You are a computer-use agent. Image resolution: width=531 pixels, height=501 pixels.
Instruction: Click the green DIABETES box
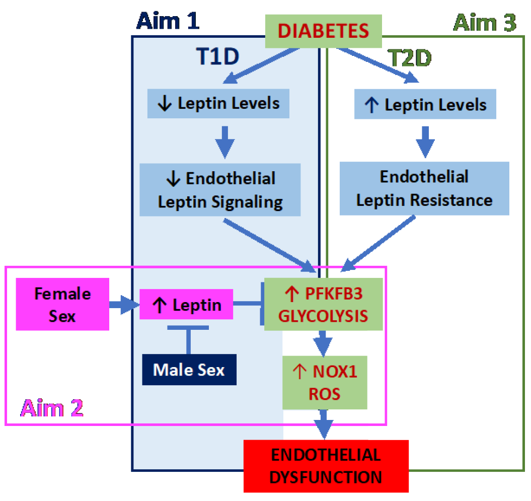click(x=324, y=31)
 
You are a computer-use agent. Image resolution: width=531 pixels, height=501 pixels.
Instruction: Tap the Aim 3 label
click(x=485, y=23)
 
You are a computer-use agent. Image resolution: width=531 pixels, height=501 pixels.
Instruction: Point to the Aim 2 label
click(x=51, y=408)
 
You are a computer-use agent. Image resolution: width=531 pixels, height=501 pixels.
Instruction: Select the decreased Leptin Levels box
click(x=218, y=104)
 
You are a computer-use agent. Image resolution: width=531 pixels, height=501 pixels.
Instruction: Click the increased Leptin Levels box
click(x=425, y=105)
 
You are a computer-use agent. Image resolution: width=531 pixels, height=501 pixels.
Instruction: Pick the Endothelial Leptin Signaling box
click(x=220, y=190)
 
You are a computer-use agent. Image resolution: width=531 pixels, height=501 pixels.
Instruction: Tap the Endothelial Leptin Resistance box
click(x=424, y=188)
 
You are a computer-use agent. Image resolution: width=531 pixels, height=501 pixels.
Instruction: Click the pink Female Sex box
click(x=62, y=304)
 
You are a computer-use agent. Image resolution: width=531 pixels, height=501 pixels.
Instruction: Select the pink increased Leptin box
click(x=186, y=304)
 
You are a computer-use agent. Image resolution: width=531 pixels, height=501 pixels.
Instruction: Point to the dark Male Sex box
click(x=189, y=370)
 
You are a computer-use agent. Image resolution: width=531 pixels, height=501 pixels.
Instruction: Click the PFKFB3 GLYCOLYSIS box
click(x=324, y=304)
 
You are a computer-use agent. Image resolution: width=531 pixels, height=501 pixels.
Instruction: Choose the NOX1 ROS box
click(x=325, y=382)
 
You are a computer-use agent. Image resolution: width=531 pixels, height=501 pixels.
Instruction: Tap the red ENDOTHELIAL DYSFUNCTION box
click(x=326, y=466)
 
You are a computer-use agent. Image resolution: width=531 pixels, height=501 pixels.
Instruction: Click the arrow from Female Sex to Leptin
click(x=123, y=304)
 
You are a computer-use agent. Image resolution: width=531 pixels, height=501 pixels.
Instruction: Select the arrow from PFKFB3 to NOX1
click(x=323, y=343)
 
